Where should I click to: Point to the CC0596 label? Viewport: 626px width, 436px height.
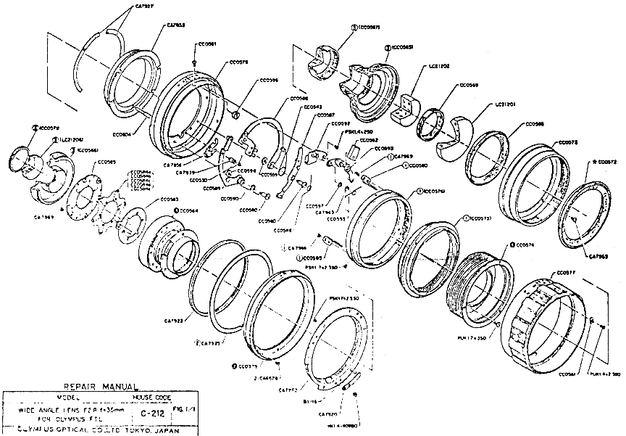tap(269, 81)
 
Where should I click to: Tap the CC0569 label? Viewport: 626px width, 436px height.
tap(469, 85)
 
